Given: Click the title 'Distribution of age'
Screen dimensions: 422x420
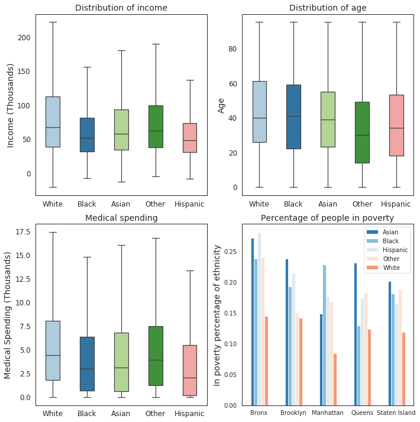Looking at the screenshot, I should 327,8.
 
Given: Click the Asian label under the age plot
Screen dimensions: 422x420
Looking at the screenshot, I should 327,204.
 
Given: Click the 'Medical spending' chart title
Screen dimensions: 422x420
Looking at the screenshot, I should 121,218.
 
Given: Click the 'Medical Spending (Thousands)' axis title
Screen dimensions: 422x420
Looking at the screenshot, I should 8,315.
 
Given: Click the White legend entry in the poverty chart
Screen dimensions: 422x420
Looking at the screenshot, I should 388,268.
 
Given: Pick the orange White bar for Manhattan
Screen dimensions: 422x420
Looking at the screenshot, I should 335,379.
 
